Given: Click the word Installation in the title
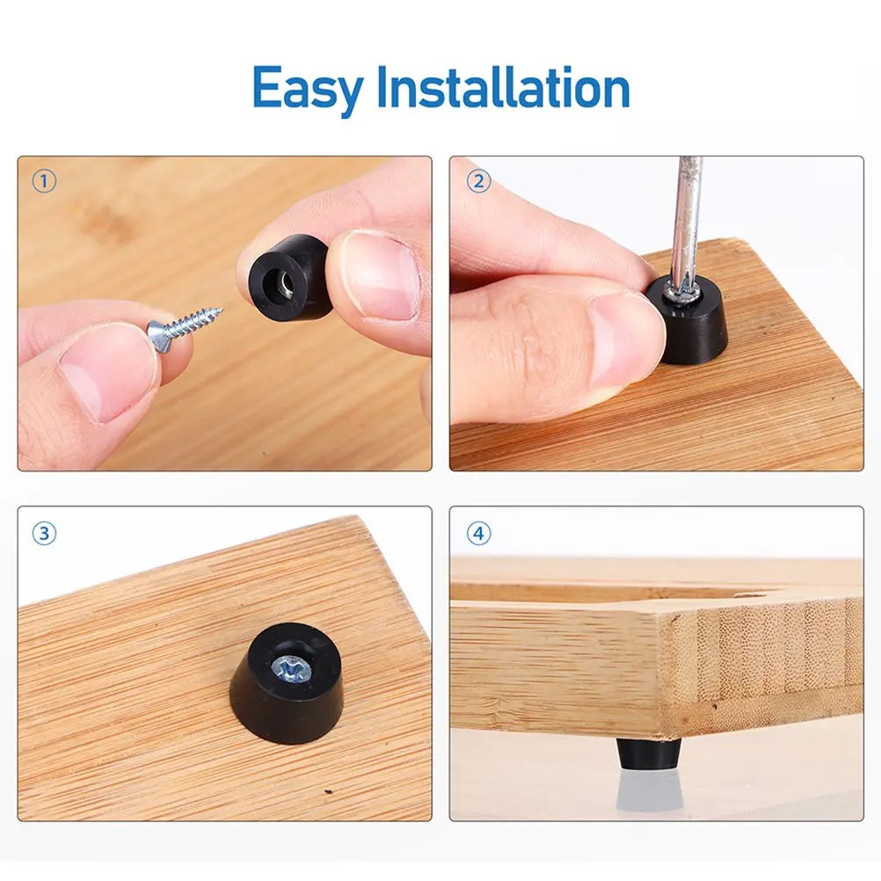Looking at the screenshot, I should coord(503,89).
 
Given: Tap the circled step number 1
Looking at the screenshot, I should coord(44,182).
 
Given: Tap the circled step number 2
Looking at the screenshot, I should coord(478,182).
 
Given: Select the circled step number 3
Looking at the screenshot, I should coord(44,533).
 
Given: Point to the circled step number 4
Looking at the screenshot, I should coord(478,533).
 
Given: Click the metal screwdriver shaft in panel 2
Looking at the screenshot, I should coord(686,220).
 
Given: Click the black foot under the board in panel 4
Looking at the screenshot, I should coord(648,752).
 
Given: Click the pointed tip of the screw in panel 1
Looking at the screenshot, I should coord(219,309).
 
